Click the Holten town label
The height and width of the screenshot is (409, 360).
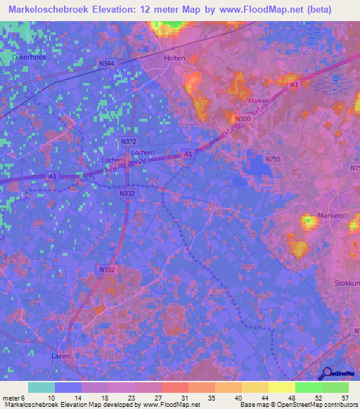(174, 58)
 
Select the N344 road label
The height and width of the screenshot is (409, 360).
(107, 64)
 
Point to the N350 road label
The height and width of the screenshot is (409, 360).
(243, 119)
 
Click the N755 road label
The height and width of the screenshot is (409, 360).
(273, 160)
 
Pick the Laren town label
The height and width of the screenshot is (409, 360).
(61, 356)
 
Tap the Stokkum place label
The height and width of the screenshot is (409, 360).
(347, 283)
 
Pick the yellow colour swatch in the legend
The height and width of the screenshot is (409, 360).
(281, 387)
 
